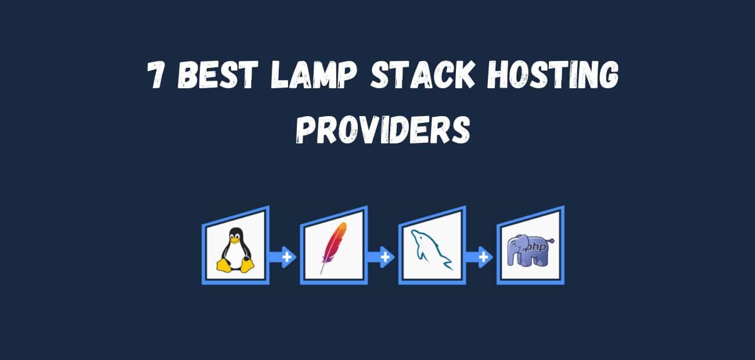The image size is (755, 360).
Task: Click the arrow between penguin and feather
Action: pyautogui.click(x=285, y=257)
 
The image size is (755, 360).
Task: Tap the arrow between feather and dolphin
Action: pyautogui.click(x=383, y=257)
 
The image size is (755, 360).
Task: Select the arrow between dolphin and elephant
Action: pyautogui.click(x=481, y=257)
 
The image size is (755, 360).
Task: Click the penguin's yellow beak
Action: pyautogui.click(x=235, y=239)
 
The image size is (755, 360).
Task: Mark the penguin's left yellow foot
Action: pyautogui.click(x=225, y=267)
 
